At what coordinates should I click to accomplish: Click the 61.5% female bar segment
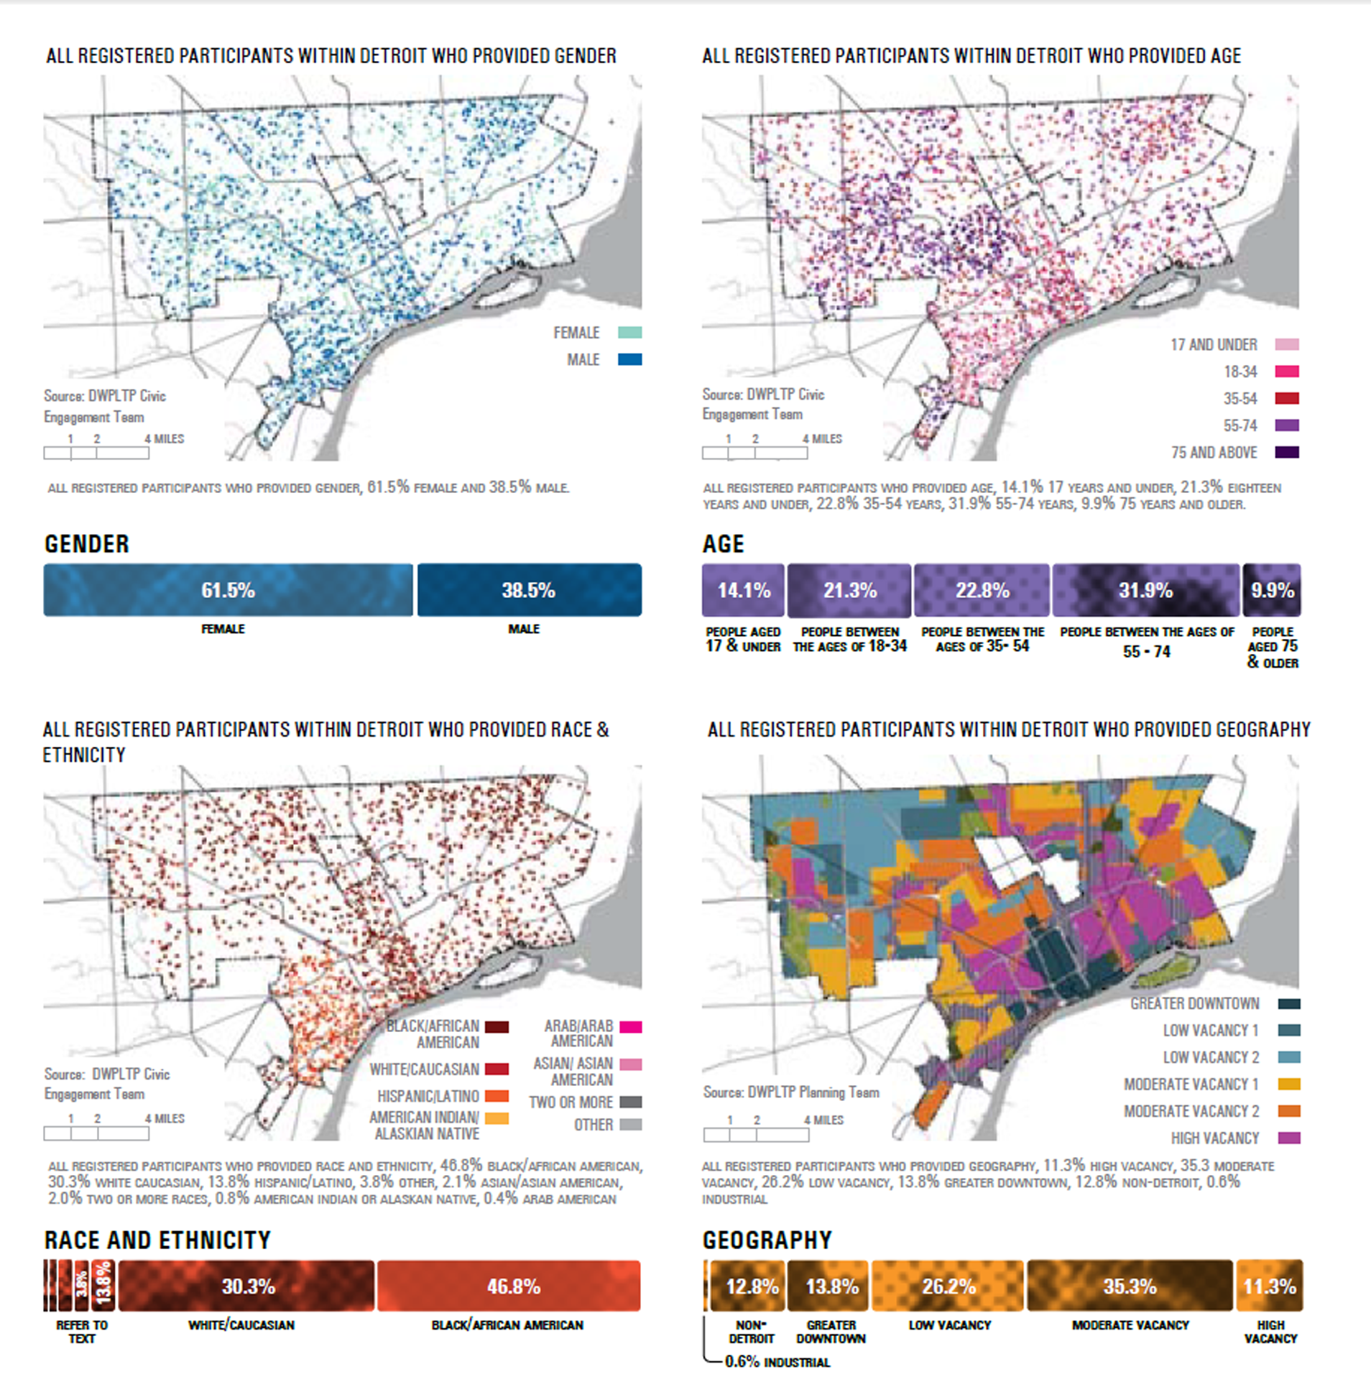[228, 590]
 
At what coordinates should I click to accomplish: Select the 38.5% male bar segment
[530, 590]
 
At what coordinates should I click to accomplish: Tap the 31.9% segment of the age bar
[1145, 590]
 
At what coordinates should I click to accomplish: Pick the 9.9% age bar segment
[1272, 590]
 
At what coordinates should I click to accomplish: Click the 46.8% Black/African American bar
[508, 1286]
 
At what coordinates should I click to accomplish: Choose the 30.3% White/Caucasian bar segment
[246, 1286]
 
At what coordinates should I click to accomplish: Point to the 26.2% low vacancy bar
[948, 1286]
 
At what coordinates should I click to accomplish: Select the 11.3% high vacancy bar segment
[1269, 1286]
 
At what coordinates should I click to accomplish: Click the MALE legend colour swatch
[629, 359]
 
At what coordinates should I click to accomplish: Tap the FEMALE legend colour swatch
[629, 333]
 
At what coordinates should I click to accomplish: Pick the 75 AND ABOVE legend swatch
[1287, 452]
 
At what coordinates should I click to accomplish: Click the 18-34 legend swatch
[1287, 372]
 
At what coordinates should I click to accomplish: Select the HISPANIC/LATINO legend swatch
[497, 1096]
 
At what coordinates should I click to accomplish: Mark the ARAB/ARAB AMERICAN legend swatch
[630, 1027]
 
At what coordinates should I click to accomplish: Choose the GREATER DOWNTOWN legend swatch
[1289, 1003]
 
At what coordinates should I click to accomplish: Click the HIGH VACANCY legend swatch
[1289, 1138]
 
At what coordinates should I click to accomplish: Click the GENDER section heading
[87, 544]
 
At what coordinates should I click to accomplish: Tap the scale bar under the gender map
[96, 453]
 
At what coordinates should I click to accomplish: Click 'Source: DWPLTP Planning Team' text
[790, 1092]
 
